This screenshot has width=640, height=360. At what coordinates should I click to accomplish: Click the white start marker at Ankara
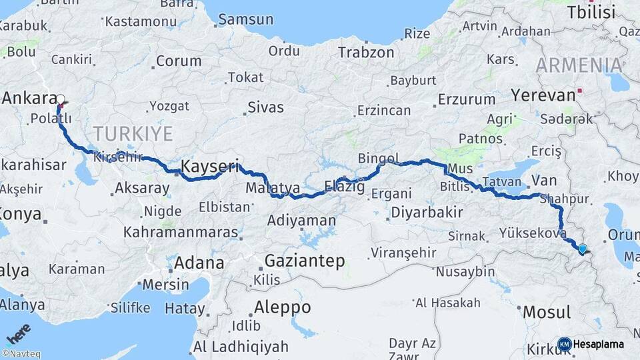point(61,101)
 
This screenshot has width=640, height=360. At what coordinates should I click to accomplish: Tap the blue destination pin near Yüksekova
point(583,249)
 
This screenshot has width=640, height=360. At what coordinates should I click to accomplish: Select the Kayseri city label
point(209,167)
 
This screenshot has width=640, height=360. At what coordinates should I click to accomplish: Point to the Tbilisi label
point(590,12)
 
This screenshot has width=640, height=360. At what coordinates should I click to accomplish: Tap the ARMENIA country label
point(579,65)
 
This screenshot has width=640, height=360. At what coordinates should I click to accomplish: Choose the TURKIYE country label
point(133,133)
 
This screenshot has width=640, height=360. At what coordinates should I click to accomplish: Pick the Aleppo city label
point(282,307)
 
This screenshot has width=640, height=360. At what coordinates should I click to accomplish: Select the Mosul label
point(547,312)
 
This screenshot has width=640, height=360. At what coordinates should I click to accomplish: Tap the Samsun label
point(245,19)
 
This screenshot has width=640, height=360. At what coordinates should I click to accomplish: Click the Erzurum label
point(466,99)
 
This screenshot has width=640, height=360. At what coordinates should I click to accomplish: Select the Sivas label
point(265,107)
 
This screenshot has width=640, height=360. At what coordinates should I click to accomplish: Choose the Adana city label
point(199,263)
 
